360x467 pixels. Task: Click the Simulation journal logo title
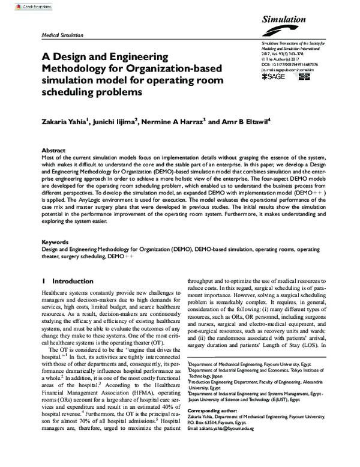click(285, 20)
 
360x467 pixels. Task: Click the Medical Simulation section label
click(62, 35)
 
